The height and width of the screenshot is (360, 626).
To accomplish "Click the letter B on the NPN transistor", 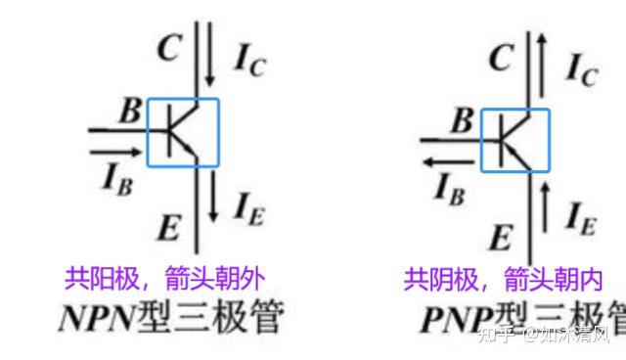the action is [129, 111].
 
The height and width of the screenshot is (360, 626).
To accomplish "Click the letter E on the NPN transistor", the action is [167, 229].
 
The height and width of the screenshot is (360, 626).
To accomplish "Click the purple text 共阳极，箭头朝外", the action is [164, 278].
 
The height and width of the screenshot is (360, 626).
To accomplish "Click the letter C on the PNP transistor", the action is [501, 58].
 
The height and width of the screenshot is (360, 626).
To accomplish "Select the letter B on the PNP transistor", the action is [460, 121].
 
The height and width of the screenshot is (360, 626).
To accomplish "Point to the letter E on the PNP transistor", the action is [500, 237].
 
